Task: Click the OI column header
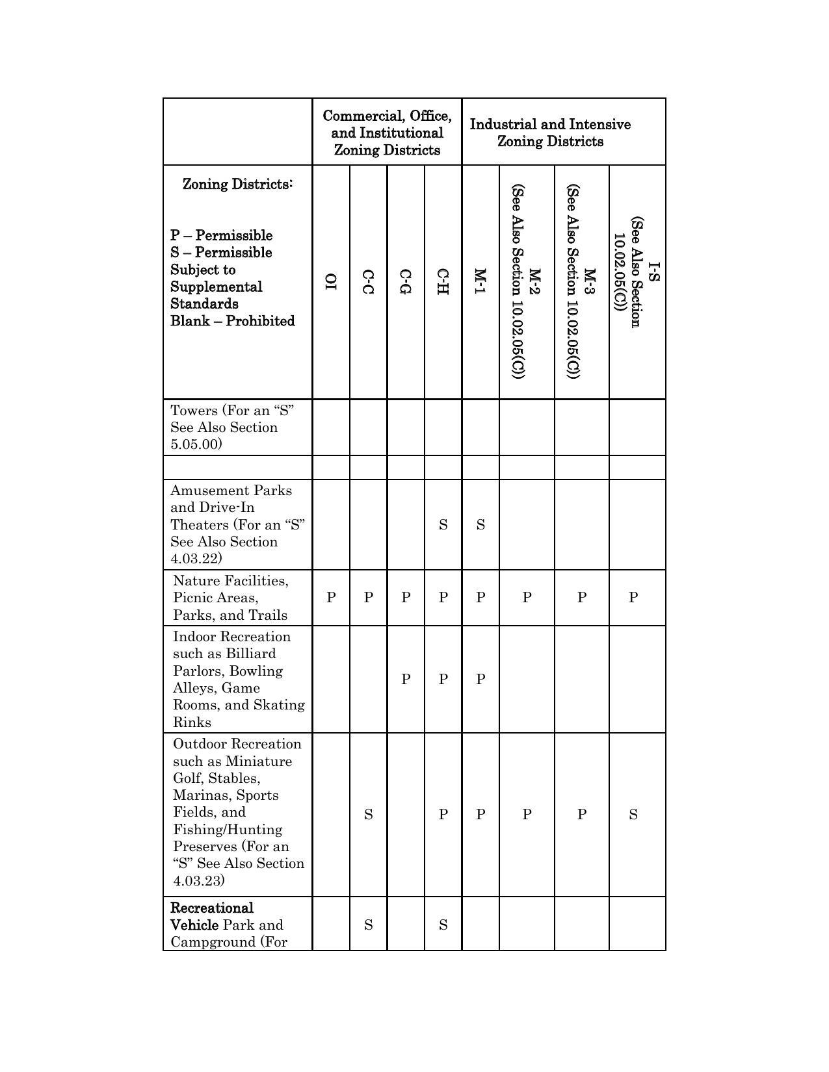(x=331, y=281)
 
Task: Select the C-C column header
(x=368, y=281)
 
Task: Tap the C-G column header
(x=406, y=281)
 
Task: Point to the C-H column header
(x=443, y=281)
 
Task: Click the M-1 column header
(x=480, y=281)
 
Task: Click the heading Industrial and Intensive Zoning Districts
(x=550, y=133)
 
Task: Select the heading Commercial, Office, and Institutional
(x=387, y=133)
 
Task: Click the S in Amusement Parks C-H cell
(x=443, y=525)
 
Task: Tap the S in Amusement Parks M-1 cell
(x=480, y=525)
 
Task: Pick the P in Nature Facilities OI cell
(x=331, y=598)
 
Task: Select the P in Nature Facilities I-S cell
(x=633, y=598)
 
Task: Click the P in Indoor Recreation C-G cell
(x=406, y=680)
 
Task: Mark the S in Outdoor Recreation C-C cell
(x=368, y=815)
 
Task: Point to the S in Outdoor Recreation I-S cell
(x=633, y=815)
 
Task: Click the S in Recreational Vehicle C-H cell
(x=443, y=925)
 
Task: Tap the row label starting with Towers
(x=231, y=427)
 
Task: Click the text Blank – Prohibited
(x=232, y=321)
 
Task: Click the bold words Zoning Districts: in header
(x=237, y=185)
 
